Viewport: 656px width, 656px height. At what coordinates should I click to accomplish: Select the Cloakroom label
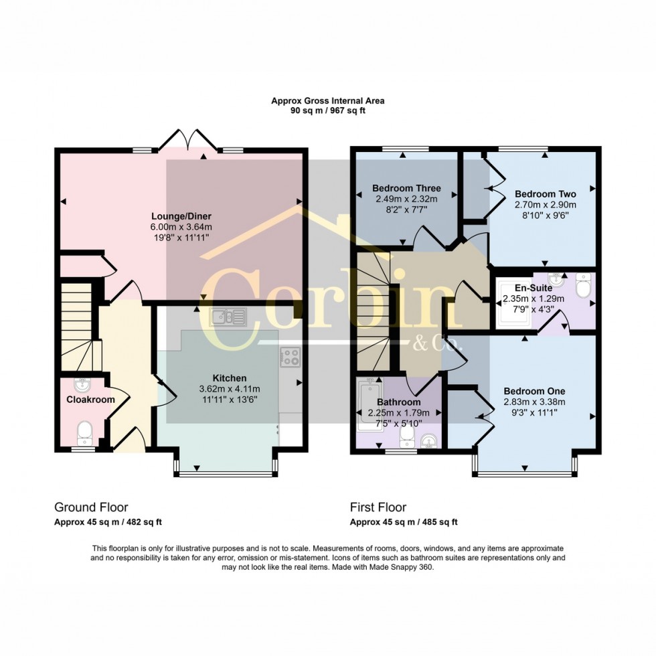pyautogui.click(x=90, y=400)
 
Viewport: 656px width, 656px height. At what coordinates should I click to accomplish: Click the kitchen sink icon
pyautogui.click(x=228, y=316)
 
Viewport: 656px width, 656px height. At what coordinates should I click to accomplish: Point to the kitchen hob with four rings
pyautogui.click(x=290, y=357)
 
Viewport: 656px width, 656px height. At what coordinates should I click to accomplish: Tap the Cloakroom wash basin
pyautogui.click(x=82, y=384)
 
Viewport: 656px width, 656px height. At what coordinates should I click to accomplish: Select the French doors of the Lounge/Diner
pyautogui.click(x=190, y=140)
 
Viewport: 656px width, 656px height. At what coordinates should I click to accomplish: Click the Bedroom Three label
pyautogui.click(x=406, y=188)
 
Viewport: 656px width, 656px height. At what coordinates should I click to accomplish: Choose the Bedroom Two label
pyautogui.click(x=545, y=194)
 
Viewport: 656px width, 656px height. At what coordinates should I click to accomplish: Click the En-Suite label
pyautogui.click(x=534, y=288)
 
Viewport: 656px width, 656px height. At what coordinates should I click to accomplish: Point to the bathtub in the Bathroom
pyautogui.click(x=367, y=406)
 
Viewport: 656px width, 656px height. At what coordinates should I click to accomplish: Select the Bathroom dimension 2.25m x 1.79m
pyautogui.click(x=398, y=412)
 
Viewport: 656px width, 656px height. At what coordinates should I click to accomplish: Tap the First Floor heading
pyautogui.click(x=378, y=507)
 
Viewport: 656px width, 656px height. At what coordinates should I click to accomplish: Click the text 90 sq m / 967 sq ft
pyautogui.click(x=327, y=110)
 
